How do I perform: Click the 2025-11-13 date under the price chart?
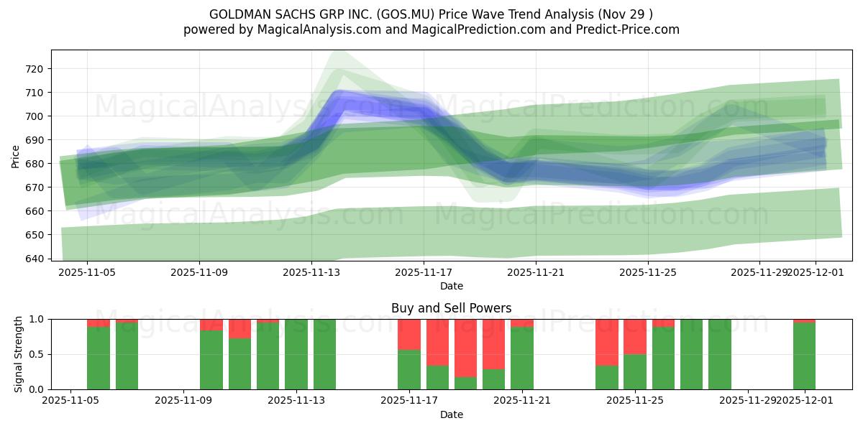[x=311, y=273]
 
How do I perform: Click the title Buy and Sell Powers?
[x=451, y=308]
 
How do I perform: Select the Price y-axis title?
[x=16, y=156]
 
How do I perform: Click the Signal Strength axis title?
[x=18, y=354]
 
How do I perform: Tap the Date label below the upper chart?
[x=451, y=286]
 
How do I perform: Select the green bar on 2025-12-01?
[x=804, y=356]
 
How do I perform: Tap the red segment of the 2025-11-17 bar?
[x=409, y=334]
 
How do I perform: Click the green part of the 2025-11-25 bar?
[x=634, y=371]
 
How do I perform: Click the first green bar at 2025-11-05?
[x=99, y=358]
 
